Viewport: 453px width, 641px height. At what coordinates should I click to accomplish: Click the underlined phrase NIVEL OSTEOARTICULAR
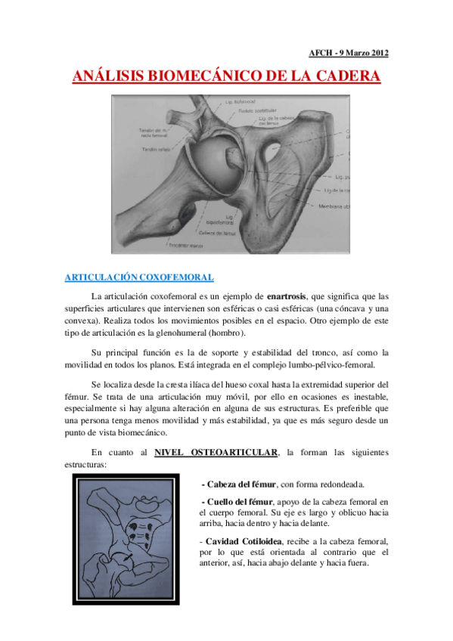point(216,452)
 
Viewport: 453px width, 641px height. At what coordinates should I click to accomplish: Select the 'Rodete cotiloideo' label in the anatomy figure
point(259,110)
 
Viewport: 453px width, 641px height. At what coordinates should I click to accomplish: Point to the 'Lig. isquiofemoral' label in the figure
point(216,220)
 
